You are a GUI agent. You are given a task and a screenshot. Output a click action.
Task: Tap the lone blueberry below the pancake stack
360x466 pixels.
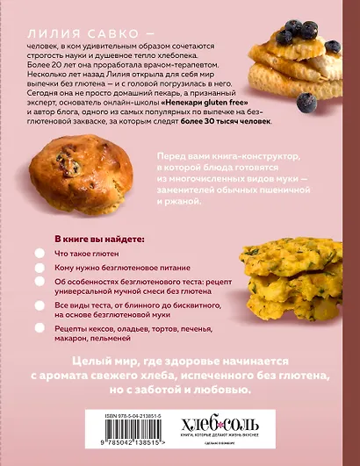tap(305, 102)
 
